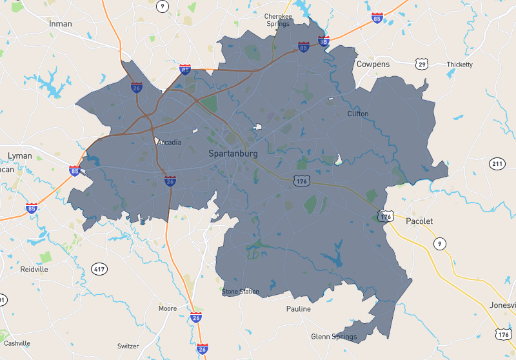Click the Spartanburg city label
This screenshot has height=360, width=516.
233,154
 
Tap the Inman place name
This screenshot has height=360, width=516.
61,24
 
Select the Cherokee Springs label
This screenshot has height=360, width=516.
279,20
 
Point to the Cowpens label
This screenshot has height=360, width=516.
373,65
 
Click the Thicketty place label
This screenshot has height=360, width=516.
459,65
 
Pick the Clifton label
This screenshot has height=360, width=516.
358,114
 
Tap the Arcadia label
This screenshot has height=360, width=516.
170,143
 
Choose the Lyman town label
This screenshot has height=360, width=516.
19,156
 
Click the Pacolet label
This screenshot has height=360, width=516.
419,221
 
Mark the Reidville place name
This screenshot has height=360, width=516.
34,269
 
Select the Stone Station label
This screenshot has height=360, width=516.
241,292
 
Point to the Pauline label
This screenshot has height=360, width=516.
299,309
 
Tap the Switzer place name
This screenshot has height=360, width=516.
128,346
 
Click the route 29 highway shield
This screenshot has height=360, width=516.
422,64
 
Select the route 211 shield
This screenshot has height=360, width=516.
497,164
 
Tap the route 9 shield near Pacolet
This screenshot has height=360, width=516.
439,243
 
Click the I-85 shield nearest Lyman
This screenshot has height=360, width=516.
75,171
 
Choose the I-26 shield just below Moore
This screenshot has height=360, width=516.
196,317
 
